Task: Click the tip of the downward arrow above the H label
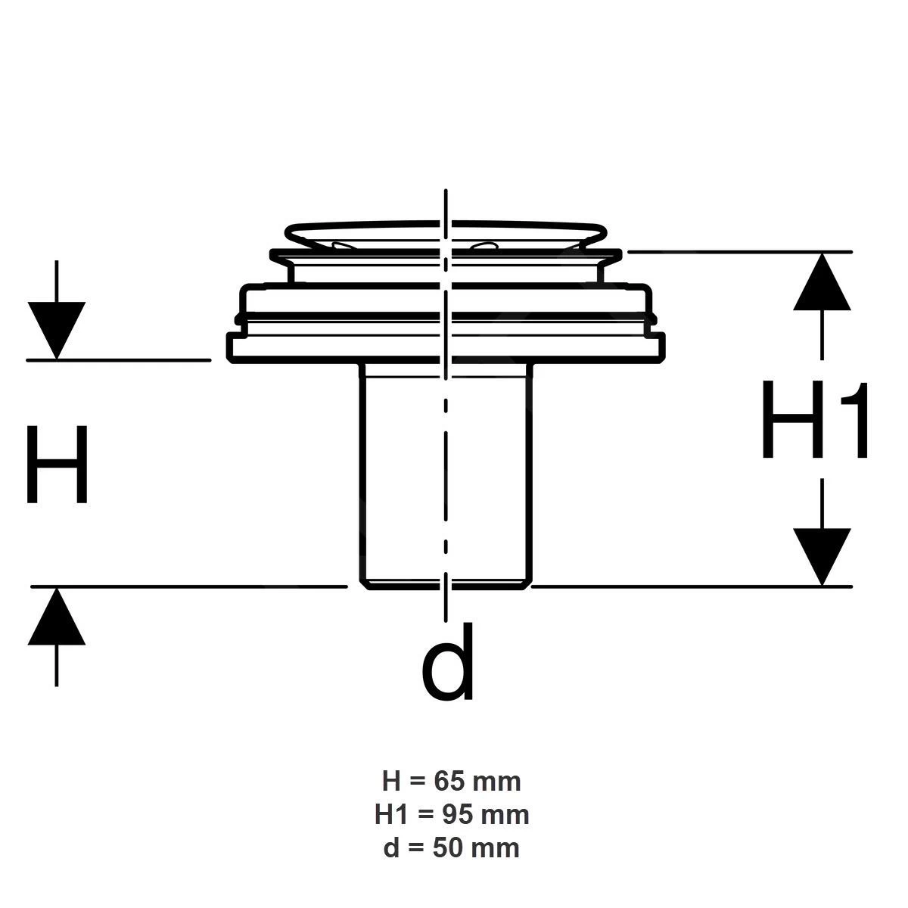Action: coord(57,359)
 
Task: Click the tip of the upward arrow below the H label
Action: coord(57,588)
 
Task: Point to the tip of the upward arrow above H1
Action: coord(822,253)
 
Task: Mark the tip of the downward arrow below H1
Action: coord(822,586)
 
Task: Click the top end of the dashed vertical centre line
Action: coord(445,190)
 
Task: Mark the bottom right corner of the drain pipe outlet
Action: coord(524,589)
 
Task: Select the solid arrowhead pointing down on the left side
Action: coord(57,331)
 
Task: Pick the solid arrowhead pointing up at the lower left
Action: coord(57,616)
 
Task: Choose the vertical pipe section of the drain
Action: coord(446,475)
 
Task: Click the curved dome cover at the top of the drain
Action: coord(445,234)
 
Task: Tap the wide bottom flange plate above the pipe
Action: coord(446,348)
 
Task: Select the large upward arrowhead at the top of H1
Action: coord(822,281)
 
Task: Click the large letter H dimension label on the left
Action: coord(57,464)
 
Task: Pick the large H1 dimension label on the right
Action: coord(815,419)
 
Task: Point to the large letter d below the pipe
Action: coord(447,661)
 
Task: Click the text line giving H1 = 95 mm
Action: coord(452,815)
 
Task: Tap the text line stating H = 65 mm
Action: coord(452,782)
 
